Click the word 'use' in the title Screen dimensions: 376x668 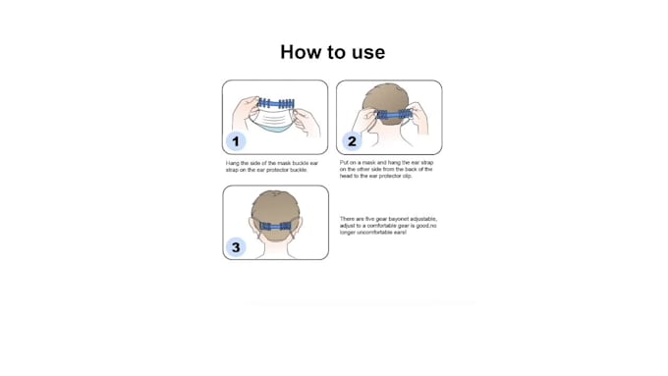pos(368,53)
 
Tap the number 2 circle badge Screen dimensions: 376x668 pos(351,141)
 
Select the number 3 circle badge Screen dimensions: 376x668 pos(235,247)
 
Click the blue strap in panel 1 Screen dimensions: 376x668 pos(275,103)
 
